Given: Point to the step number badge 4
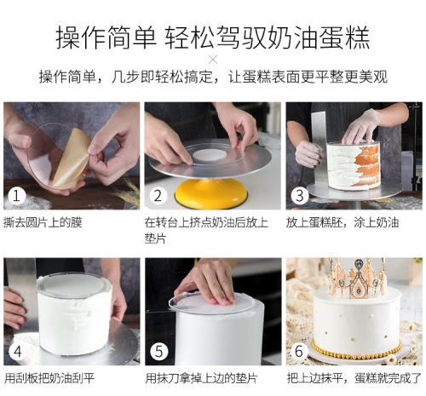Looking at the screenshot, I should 16,350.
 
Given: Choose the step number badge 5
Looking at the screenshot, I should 157,350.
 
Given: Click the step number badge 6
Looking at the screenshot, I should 298,350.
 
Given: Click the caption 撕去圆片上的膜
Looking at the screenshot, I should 43,221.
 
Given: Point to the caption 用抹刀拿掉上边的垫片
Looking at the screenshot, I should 200,377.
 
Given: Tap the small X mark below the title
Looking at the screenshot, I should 213,59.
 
